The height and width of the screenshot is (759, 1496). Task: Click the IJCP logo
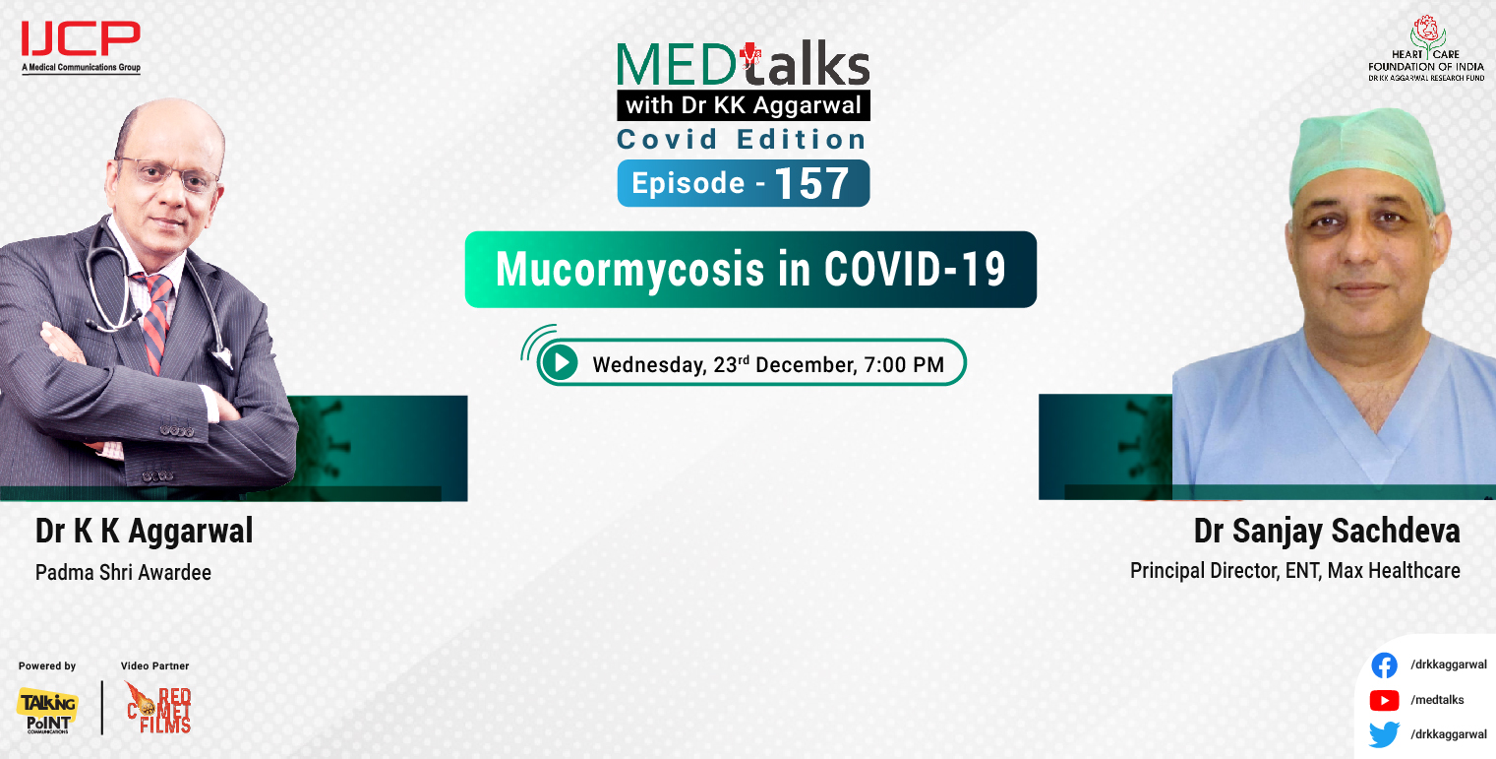(x=81, y=45)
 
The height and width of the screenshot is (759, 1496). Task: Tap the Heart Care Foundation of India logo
(x=1426, y=48)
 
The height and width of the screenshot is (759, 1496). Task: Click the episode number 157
(x=811, y=184)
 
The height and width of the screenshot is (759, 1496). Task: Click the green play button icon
(x=561, y=363)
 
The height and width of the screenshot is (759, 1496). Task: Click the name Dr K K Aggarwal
(x=144, y=532)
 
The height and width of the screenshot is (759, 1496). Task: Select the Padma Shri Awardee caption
(x=123, y=572)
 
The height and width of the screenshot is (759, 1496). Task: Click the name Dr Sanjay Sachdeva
(x=1326, y=532)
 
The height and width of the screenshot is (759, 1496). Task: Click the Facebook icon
(x=1384, y=666)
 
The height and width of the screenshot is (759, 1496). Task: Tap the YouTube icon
(x=1384, y=700)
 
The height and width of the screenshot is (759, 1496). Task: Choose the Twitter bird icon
(x=1384, y=734)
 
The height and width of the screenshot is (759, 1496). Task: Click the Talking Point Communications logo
(x=47, y=710)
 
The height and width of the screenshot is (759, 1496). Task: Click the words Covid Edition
(x=742, y=140)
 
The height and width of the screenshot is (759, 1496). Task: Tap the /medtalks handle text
(x=1437, y=700)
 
